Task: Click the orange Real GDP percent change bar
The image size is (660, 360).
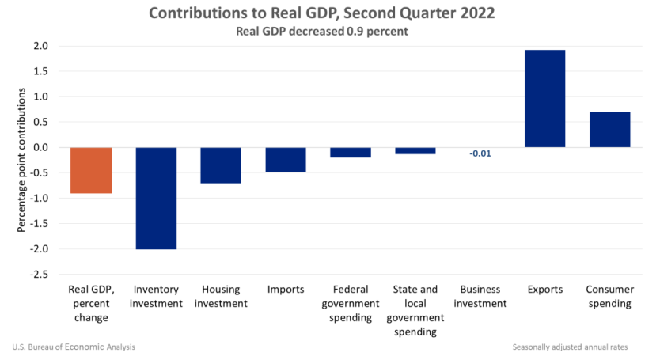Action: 91,170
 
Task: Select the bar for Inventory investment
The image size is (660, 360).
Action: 156,198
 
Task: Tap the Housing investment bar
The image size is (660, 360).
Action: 221,165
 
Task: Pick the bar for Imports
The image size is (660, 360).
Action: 286,160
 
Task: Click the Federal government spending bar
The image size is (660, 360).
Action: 351,153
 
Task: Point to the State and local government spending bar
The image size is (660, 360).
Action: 415,150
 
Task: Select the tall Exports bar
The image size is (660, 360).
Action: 544,99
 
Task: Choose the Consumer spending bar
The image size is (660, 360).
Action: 609,130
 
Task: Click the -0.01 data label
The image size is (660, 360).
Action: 480,153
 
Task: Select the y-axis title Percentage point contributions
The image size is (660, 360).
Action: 21,161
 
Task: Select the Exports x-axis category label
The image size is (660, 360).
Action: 544,290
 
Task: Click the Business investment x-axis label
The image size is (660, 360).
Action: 480,297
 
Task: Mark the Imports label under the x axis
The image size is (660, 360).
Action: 286,290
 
